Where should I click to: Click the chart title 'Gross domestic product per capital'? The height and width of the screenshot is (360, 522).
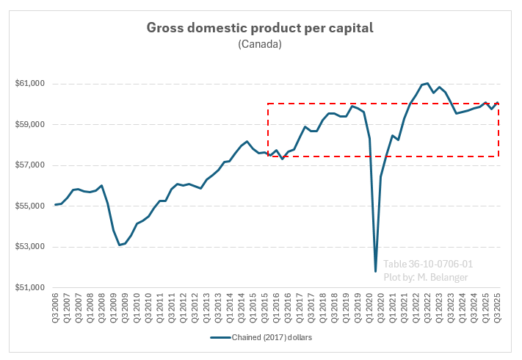point(260,28)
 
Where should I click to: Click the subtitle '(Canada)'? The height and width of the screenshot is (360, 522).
point(260,45)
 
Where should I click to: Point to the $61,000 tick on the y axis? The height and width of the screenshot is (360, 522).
point(29,84)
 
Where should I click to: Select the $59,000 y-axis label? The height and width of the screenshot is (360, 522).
point(29,124)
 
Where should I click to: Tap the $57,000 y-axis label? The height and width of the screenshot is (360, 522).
point(29,165)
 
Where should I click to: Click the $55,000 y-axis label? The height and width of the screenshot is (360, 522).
point(29,206)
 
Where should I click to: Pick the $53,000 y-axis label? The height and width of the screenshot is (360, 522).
point(29,247)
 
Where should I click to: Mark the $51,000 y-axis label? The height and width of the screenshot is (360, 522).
point(29,287)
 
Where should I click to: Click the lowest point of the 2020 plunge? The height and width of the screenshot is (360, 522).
point(375,272)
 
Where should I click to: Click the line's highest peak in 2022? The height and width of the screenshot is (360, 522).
point(427,83)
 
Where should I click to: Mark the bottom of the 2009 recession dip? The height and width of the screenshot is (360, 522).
point(120,245)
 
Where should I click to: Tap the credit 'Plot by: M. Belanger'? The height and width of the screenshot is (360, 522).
point(425,277)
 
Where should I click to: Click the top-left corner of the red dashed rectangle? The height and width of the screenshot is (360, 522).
point(268,104)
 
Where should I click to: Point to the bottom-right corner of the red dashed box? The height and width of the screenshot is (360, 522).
point(499,156)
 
